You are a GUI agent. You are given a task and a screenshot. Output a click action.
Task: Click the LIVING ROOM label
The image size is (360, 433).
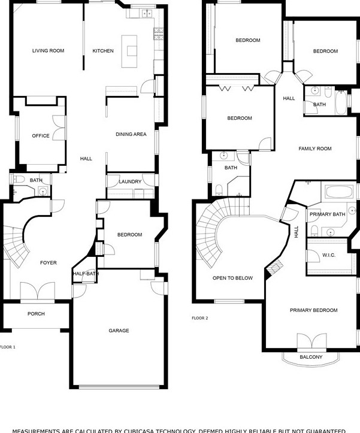point(48,51)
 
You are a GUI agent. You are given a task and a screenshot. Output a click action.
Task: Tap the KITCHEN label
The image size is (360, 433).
point(103,51)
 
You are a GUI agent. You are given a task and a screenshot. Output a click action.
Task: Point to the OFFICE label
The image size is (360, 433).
point(41,136)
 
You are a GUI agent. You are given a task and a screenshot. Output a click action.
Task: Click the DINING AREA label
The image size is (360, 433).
point(131,135)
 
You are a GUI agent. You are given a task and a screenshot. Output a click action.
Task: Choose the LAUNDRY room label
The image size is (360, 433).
point(130,181)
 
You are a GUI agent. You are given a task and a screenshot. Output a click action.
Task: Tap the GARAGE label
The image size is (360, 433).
point(119,331)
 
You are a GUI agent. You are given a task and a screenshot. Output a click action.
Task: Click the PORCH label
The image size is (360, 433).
point(36,314)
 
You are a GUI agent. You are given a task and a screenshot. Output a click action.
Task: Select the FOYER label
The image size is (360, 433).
point(49,263)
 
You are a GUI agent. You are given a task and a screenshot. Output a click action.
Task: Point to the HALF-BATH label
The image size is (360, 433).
point(86,274)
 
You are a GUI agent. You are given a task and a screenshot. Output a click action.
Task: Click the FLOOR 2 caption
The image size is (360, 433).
point(200,318)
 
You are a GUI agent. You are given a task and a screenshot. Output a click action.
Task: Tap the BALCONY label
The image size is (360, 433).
point(311,358)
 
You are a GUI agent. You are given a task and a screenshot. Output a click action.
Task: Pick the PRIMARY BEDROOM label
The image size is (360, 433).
point(313,310)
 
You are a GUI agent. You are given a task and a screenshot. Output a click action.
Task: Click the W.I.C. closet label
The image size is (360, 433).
point(329,256)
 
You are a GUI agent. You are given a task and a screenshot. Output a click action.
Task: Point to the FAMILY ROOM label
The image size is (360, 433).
point(315,149)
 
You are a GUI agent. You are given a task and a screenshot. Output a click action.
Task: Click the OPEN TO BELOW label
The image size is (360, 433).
point(232,278)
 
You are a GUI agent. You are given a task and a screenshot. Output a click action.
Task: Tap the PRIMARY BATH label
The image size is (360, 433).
point(328,214)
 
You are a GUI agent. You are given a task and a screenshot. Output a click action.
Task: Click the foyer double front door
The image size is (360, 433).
point(37,292)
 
